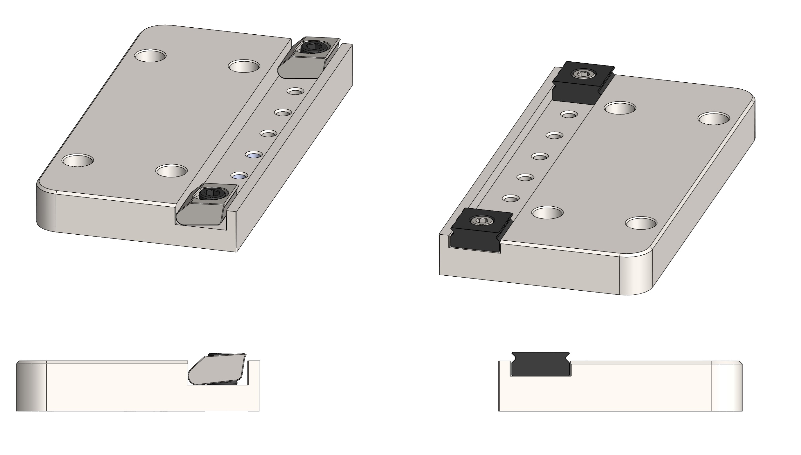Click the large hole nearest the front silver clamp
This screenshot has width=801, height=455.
(x=171, y=171)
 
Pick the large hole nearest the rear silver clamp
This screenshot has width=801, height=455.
(x=244, y=66)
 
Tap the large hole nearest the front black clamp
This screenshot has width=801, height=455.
(x=547, y=212)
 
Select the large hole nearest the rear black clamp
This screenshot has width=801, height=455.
(x=620, y=108)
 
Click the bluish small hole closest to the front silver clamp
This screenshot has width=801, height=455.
(x=239, y=176)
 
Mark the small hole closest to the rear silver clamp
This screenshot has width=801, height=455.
(x=295, y=92)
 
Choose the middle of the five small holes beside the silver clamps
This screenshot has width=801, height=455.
(x=268, y=134)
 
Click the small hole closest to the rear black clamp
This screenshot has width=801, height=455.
(x=569, y=114)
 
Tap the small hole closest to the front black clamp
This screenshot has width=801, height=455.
(x=511, y=199)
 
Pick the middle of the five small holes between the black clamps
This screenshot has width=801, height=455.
(x=540, y=156)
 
